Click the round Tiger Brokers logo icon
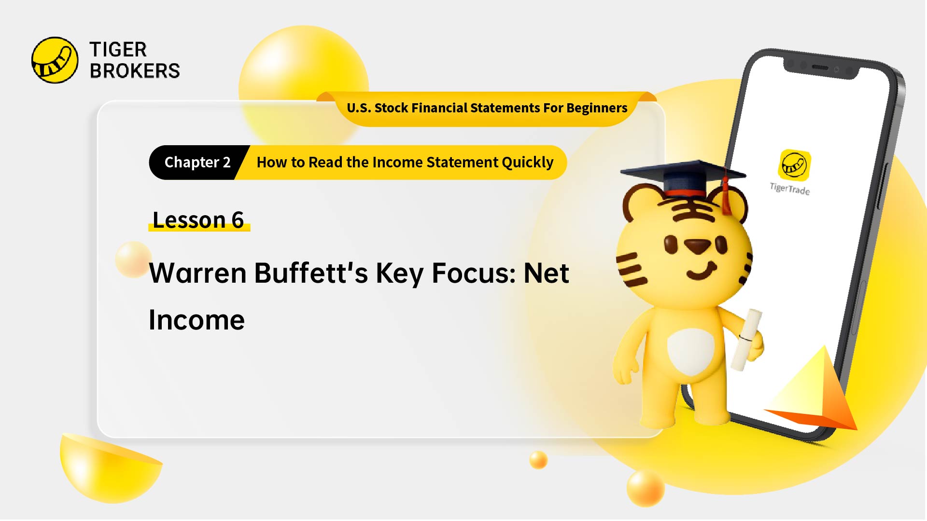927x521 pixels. pyautogui.click(x=55, y=60)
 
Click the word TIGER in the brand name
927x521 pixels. pyautogui.click(x=118, y=50)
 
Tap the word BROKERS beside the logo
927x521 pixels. pyautogui.click(x=135, y=71)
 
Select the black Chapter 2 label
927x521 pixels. pyautogui.click(x=197, y=163)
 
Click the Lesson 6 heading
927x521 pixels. pyautogui.click(x=198, y=220)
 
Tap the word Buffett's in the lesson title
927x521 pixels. pyautogui.click(x=311, y=273)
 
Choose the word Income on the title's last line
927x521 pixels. pyautogui.click(x=197, y=320)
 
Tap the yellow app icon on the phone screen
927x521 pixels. pyautogui.click(x=794, y=165)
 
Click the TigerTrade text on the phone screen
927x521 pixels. pyautogui.click(x=790, y=189)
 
